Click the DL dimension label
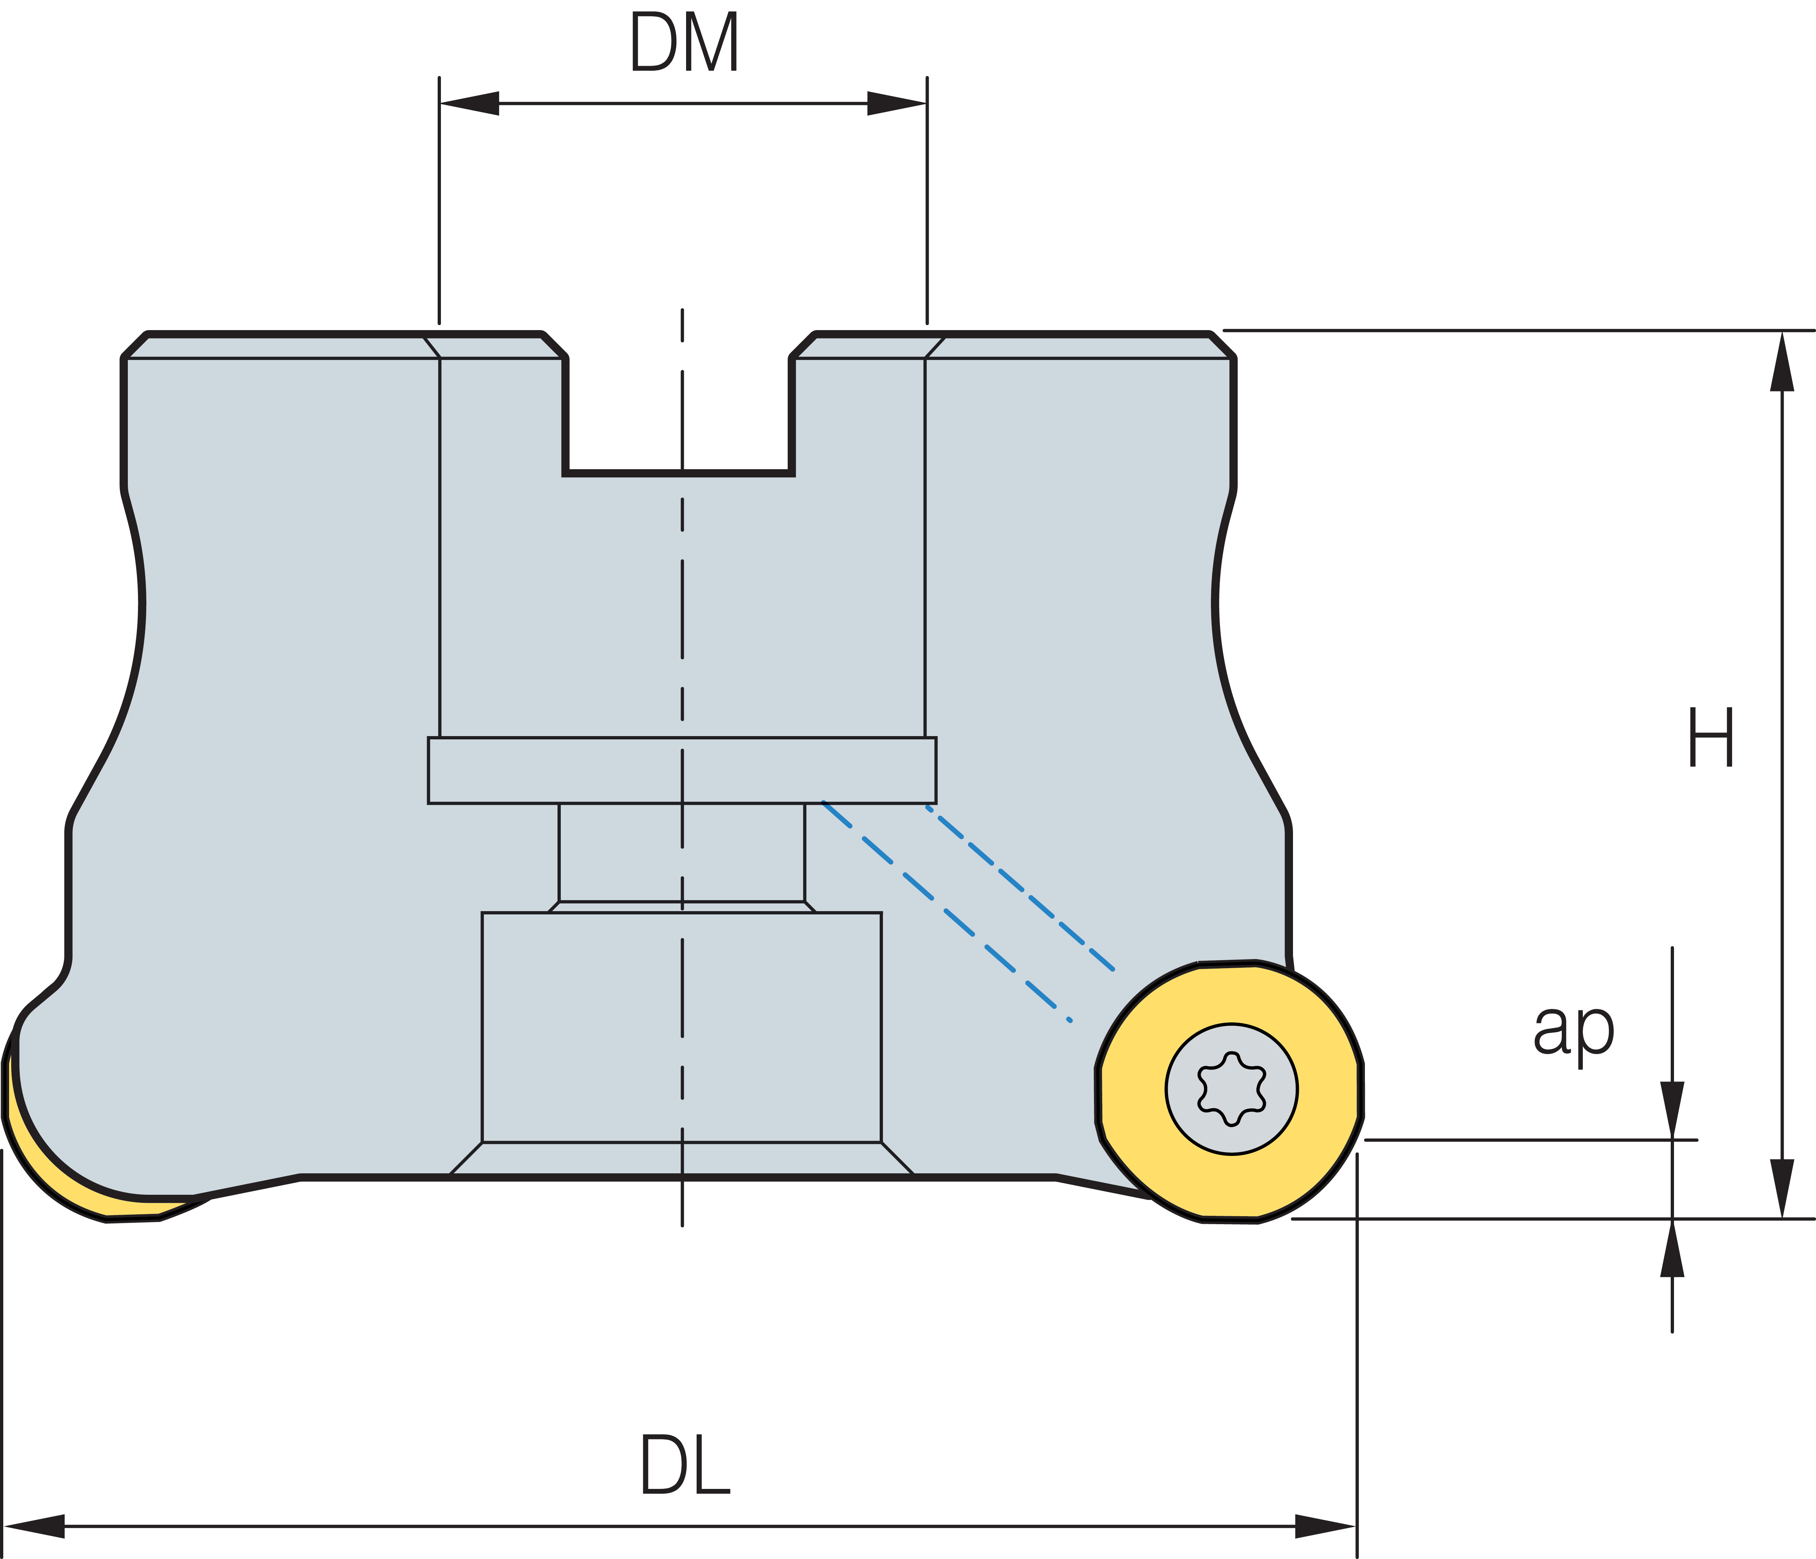[685, 1465]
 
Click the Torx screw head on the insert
[1231, 1089]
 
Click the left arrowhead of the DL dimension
[35, 1526]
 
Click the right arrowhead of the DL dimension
[1325, 1526]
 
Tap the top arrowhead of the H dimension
[1782, 361]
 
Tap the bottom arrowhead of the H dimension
[1782, 1187]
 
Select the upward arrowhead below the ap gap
[1672, 1249]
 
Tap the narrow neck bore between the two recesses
[682, 852]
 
